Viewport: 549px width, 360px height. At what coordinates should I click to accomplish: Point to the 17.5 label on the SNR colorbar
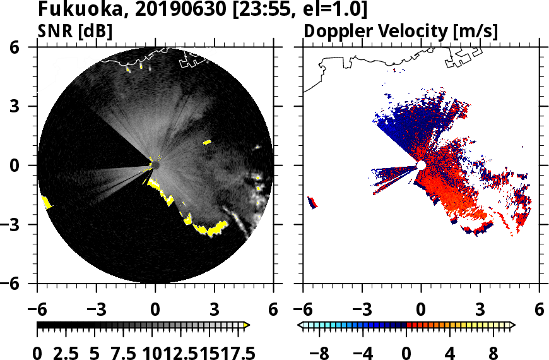[233, 352]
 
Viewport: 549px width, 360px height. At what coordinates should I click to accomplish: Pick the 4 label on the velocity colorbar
[450, 352]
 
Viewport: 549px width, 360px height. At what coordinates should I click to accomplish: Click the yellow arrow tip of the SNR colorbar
[247, 325]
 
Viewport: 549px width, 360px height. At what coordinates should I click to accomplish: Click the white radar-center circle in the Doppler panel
[421, 165]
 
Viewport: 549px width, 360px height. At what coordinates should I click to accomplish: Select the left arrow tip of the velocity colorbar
[300, 325]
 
